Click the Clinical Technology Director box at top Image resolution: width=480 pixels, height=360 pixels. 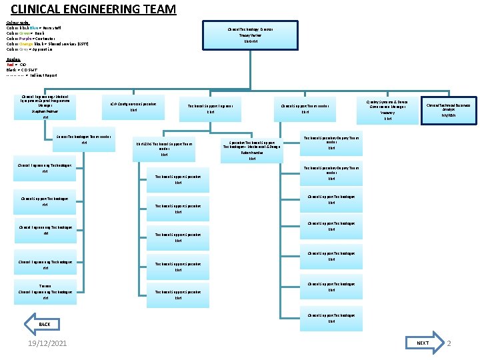(250, 35)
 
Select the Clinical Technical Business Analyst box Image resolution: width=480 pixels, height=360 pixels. (448, 110)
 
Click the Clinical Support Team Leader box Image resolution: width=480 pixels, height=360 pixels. (305, 110)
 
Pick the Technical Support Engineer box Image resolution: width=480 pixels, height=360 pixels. (210, 110)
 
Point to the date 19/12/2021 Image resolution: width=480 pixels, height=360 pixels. (47, 343)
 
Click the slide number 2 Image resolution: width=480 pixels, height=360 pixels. (449, 343)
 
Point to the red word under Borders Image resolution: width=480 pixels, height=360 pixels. (10, 65)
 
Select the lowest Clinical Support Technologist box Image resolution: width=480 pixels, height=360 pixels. (331, 319)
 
